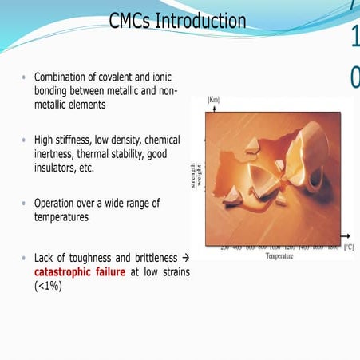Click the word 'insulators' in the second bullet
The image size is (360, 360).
58,168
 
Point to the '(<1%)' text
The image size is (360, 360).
49,286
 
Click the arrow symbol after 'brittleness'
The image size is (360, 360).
185,258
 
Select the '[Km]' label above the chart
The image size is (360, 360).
213,100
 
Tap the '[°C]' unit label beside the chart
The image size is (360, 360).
349,248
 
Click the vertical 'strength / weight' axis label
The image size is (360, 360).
196,177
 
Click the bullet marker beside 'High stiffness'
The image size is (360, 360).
25,140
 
